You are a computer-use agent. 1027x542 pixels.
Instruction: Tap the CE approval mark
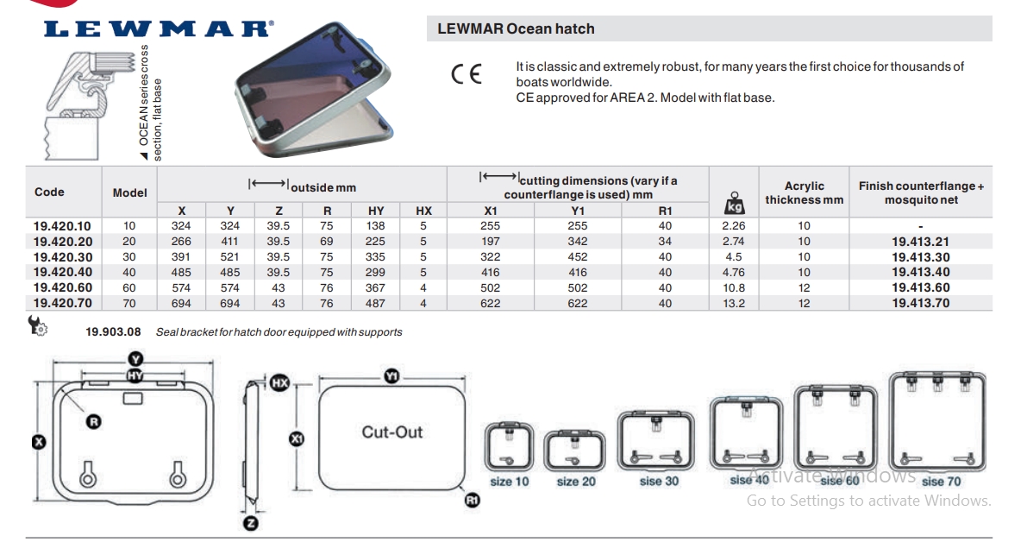click(467, 74)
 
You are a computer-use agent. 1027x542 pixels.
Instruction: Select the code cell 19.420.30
click(63, 257)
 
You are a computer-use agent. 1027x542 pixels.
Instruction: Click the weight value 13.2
click(734, 304)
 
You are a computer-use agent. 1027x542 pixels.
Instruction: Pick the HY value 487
click(375, 304)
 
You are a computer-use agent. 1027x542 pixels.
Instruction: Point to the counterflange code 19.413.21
click(920, 242)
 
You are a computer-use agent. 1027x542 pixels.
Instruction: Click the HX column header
click(423, 211)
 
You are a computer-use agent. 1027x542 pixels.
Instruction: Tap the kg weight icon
click(734, 203)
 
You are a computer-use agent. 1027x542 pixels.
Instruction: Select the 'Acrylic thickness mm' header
click(805, 193)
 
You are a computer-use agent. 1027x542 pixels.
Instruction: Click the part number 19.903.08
click(113, 332)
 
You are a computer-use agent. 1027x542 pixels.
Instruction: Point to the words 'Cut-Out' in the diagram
click(392, 432)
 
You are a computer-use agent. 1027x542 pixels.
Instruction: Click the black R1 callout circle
click(472, 501)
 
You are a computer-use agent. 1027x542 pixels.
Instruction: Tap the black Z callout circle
click(251, 523)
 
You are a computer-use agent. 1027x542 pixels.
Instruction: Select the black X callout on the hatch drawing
click(40, 442)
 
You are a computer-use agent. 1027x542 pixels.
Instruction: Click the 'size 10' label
click(509, 482)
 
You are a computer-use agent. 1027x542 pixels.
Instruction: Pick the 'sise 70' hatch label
click(941, 482)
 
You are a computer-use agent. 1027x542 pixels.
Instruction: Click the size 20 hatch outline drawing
click(575, 451)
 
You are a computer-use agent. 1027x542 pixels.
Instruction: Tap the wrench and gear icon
click(37, 325)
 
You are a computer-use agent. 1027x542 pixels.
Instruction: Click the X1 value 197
click(490, 242)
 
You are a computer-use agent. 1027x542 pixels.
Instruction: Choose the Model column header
click(129, 192)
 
